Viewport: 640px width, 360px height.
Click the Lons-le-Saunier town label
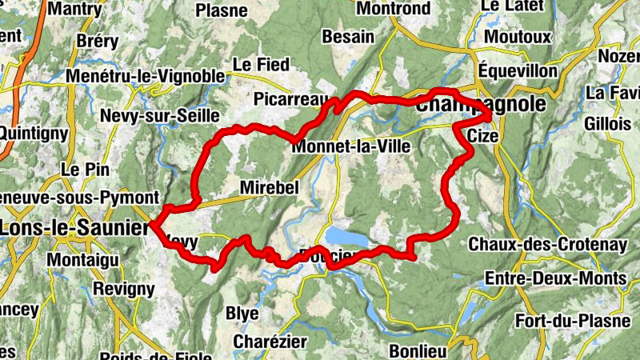[74, 227]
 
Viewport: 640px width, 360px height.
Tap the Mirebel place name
[269, 187]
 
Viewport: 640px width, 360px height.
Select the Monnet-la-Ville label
[351, 147]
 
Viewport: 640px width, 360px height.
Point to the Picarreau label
[290, 99]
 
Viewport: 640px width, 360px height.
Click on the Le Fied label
[261, 65]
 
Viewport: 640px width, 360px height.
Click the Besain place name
[347, 37]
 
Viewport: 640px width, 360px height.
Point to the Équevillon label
[518, 71]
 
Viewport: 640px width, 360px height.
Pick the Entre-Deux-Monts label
[555, 279]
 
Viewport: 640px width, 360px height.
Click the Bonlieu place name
[417, 350]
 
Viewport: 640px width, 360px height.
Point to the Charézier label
[270, 342]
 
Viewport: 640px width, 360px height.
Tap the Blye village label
[243, 313]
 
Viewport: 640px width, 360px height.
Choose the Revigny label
[124, 288]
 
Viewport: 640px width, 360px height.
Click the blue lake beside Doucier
[346, 238]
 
